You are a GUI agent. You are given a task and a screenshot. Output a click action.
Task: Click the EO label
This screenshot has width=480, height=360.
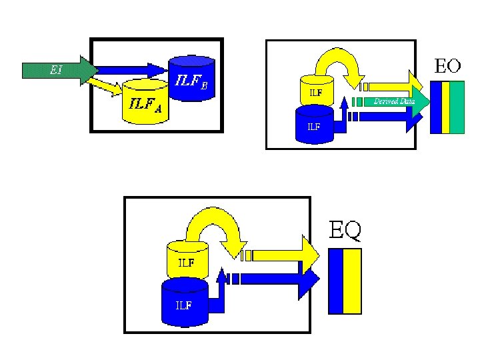(x=447, y=66)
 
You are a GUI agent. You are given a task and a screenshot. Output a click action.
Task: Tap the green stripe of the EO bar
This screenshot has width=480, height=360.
(x=457, y=107)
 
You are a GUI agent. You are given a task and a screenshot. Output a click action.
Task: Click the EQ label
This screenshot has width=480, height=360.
(x=346, y=230)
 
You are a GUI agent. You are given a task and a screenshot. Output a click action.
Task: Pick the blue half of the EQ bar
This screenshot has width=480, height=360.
(x=336, y=281)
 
